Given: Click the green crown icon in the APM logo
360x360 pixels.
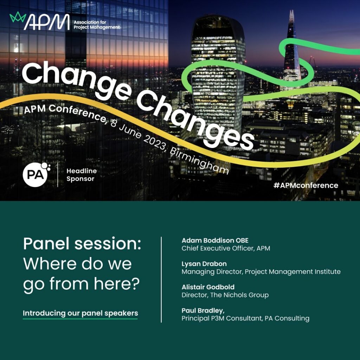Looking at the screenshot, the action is click(x=18, y=17).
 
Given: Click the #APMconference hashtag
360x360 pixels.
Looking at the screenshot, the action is click(x=306, y=185).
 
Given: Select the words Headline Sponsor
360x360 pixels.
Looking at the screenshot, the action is click(x=82, y=175).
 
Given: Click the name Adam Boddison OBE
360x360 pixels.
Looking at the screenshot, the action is click(x=215, y=240).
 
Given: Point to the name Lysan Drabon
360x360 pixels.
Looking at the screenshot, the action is click(x=204, y=264).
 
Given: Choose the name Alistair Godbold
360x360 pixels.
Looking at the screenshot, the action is click(x=208, y=287).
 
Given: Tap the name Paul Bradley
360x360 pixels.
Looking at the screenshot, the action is click(x=203, y=311).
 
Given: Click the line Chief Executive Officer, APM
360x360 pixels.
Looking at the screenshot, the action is click(x=226, y=249).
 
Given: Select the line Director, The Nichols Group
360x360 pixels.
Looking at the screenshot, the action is click(x=225, y=295).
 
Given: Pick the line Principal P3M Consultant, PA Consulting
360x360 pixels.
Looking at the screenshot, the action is click(x=245, y=318).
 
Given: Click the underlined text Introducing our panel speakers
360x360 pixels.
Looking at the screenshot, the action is click(x=81, y=313).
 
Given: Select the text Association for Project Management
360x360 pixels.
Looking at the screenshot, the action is click(x=97, y=25).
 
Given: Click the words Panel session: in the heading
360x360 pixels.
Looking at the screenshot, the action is click(x=82, y=244).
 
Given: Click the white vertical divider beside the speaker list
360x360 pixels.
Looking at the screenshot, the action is click(x=161, y=279).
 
